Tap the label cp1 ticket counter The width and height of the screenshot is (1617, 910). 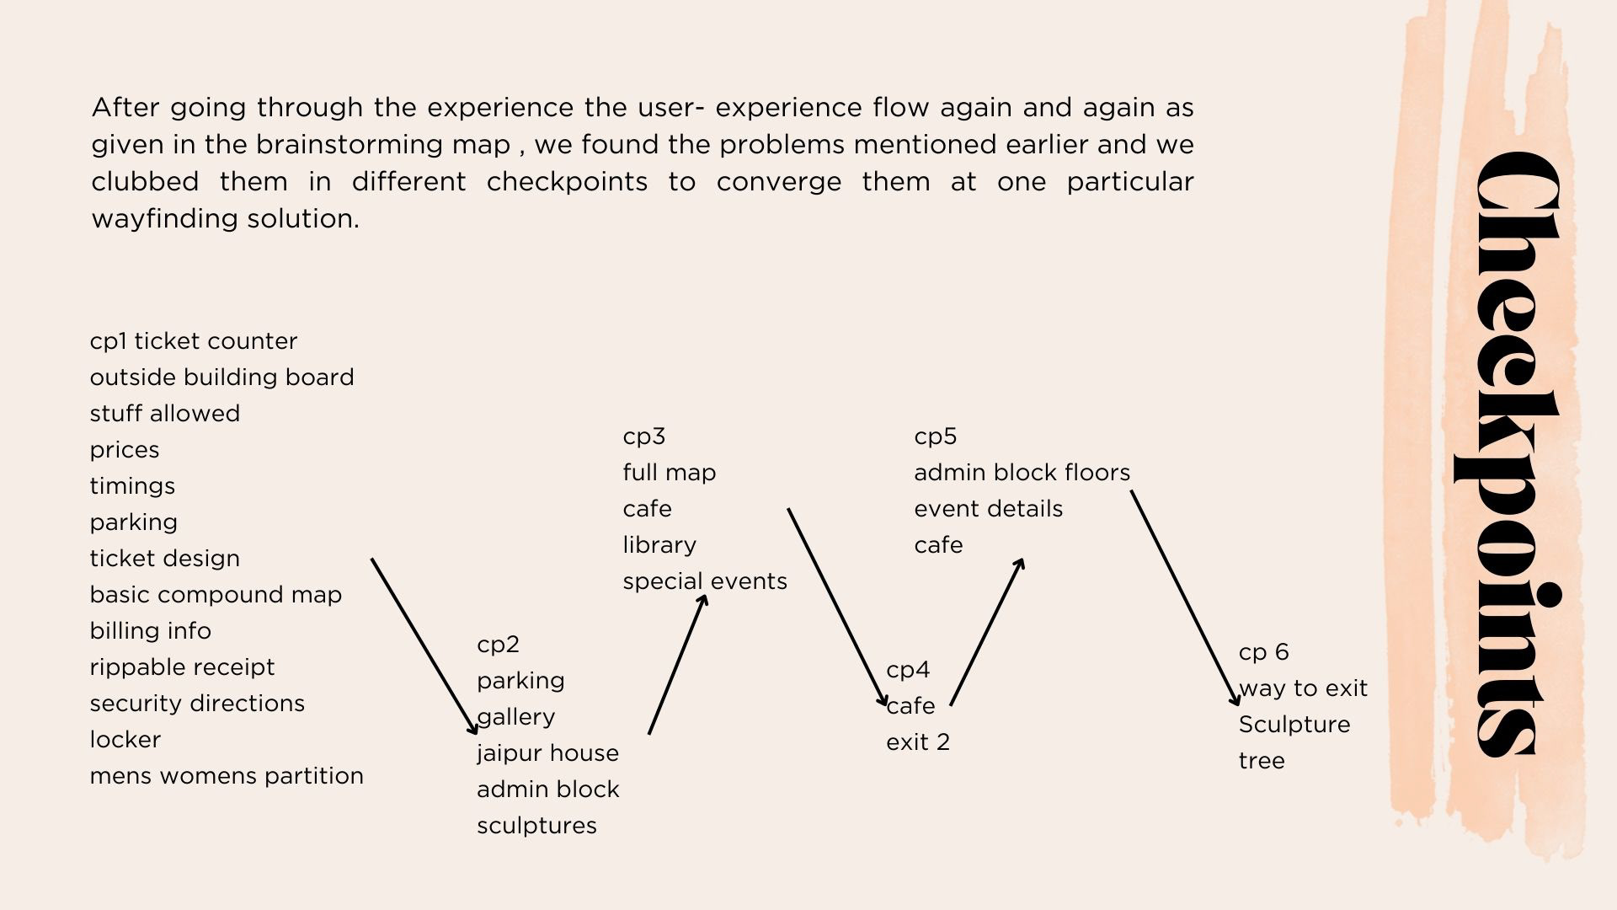point(194,341)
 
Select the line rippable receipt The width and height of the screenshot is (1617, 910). point(182,667)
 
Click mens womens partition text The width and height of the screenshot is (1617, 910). point(227,776)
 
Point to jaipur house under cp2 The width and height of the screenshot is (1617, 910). point(547,753)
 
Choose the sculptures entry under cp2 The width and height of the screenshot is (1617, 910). point(536,826)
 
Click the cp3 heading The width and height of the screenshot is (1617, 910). point(644,436)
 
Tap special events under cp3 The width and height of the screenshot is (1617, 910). point(705,581)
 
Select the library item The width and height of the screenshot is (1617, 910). point(659,545)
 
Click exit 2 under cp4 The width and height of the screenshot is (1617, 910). point(918,742)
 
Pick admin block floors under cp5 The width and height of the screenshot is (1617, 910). point(1022,473)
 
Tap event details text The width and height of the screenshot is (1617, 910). point(988,509)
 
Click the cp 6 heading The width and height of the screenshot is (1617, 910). point(1263,652)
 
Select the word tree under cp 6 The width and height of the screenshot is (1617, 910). point(1262,761)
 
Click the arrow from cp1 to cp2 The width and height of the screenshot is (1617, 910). point(424,645)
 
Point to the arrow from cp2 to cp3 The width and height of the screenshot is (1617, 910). point(677,665)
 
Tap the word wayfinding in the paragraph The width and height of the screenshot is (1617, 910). point(165,219)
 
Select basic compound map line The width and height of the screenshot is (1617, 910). point(216,595)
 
